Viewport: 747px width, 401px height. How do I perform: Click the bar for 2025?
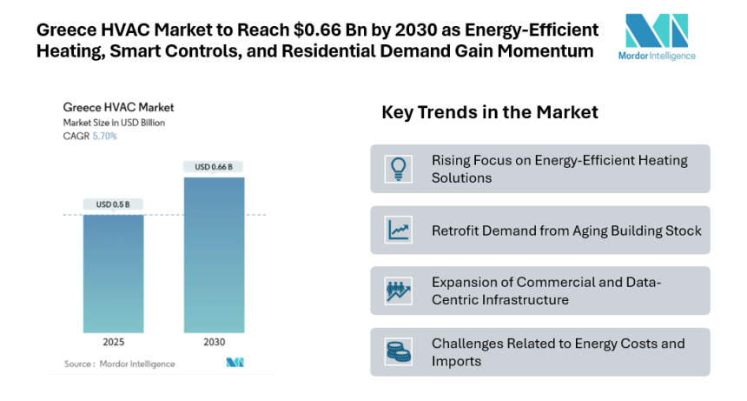click(x=113, y=273)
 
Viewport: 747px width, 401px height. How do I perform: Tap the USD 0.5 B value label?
click(x=113, y=204)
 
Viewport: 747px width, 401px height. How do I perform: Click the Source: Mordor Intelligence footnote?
click(x=119, y=364)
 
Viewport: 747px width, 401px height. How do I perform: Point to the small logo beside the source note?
click(x=234, y=363)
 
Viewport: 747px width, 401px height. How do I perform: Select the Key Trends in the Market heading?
click(x=489, y=113)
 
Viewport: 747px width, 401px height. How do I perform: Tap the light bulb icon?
click(x=399, y=169)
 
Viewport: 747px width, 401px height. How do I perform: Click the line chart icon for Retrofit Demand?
click(x=399, y=231)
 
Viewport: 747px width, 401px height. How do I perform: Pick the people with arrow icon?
click(x=399, y=291)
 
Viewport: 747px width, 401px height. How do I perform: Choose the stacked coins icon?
click(x=399, y=351)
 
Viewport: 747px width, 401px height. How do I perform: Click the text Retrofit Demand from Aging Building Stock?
click(x=566, y=231)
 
